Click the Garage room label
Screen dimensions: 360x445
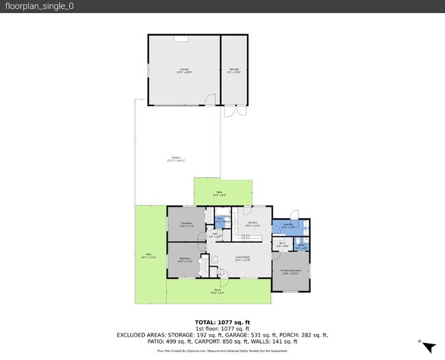click(184, 70)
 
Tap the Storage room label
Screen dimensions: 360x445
click(233, 70)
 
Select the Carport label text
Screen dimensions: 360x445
click(176, 159)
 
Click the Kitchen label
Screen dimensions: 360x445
click(252, 224)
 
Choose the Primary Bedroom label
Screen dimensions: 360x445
click(290, 271)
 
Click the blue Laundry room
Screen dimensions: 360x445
click(288, 227)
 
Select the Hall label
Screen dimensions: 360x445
click(214, 235)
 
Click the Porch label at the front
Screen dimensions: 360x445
click(218, 290)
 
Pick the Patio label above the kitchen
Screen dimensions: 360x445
click(219, 193)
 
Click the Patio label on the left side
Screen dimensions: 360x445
click(149, 256)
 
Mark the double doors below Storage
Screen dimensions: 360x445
click(233, 111)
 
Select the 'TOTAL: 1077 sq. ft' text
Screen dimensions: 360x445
click(222, 322)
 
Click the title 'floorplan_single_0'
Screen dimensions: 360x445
click(39, 6)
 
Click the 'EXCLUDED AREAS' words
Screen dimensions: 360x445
click(141, 335)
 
